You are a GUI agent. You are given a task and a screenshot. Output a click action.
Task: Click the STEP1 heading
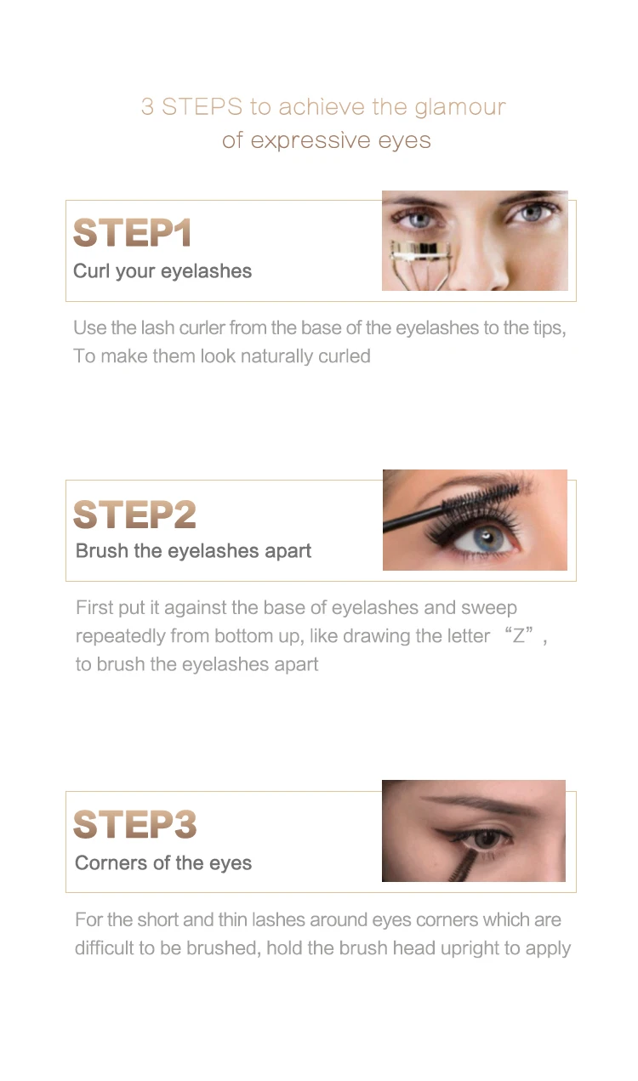(132, 232)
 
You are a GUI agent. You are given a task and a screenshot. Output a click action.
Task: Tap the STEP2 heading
(134, 514)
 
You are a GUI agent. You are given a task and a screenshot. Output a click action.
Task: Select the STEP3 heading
(134, 824)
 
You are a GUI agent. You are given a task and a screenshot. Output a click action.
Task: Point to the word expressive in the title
(310, 141)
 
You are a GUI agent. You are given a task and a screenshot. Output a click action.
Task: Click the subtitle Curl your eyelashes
(162, 271)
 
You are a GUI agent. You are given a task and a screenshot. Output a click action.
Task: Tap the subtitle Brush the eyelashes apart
(193, 551)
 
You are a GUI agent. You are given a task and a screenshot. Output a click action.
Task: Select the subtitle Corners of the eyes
(163, 863)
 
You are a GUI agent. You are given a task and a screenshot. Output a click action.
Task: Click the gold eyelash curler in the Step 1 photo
(421, 260)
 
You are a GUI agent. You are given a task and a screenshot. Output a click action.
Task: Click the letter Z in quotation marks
(518, 636)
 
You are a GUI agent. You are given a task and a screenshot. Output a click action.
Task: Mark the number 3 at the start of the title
(148, 107)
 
